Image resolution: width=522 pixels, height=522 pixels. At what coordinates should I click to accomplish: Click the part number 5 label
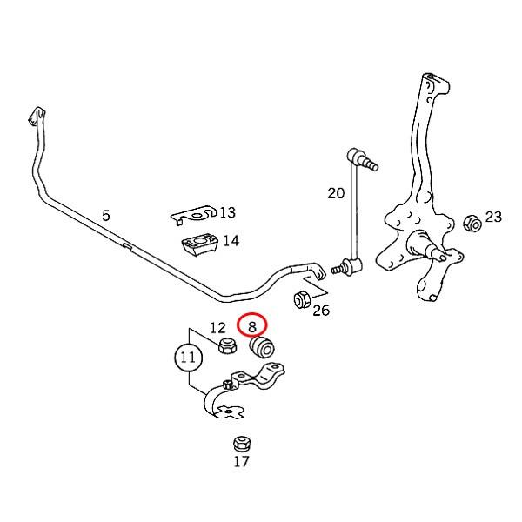point(106,216)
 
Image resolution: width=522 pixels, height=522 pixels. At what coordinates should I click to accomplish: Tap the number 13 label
point(228,212)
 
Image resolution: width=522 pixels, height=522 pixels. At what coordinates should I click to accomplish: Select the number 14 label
point(231,241)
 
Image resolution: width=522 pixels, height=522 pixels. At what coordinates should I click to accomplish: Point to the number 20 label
point(336,193)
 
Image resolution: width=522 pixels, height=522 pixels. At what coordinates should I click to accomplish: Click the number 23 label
point(493,217)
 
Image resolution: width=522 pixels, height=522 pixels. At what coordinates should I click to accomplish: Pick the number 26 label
point(321,311)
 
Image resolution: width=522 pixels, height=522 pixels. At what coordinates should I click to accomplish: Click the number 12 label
point(218,328)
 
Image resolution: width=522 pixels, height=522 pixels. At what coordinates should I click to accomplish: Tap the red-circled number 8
point(252,327)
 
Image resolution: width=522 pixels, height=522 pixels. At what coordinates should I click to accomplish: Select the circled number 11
point(188,358)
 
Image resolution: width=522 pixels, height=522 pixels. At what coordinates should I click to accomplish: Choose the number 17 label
point(241,461)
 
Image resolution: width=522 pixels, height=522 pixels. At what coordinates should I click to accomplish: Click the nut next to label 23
point(472,223)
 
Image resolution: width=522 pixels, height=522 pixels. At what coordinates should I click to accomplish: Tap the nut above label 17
point(242,444)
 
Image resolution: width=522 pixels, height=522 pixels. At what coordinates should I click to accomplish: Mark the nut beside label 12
point(228,345)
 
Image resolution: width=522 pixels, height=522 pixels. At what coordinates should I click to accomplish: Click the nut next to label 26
point(303,299)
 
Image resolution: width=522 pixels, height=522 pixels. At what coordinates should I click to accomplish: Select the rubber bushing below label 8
point(262,347)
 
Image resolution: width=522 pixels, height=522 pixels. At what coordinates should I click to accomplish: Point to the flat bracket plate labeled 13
point(195,215)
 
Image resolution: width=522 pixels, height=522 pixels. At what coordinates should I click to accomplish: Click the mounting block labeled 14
point(199,245)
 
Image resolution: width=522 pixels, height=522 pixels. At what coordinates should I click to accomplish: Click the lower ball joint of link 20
point(348,266)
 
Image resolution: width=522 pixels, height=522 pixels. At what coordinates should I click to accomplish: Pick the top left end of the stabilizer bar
point(36,117)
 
